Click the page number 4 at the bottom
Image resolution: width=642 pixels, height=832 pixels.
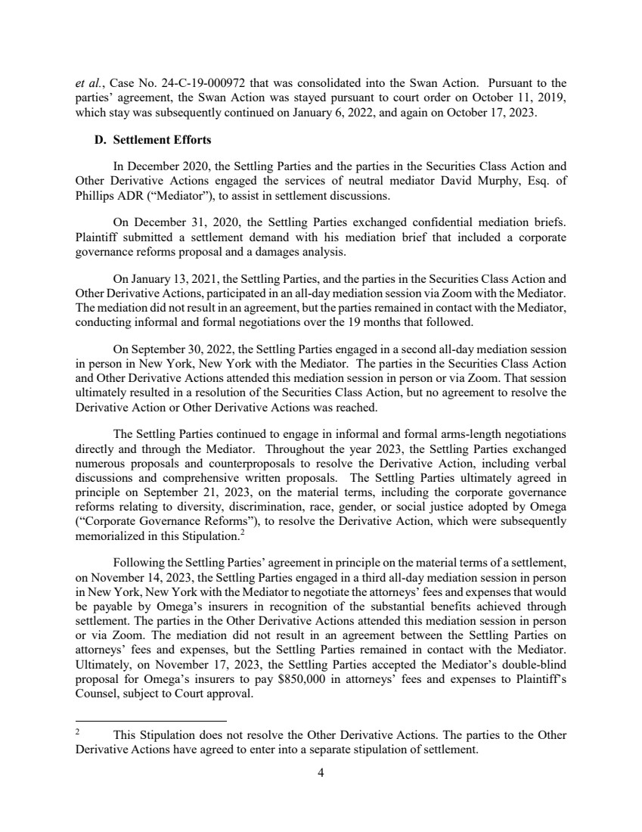tap(321, 773)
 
